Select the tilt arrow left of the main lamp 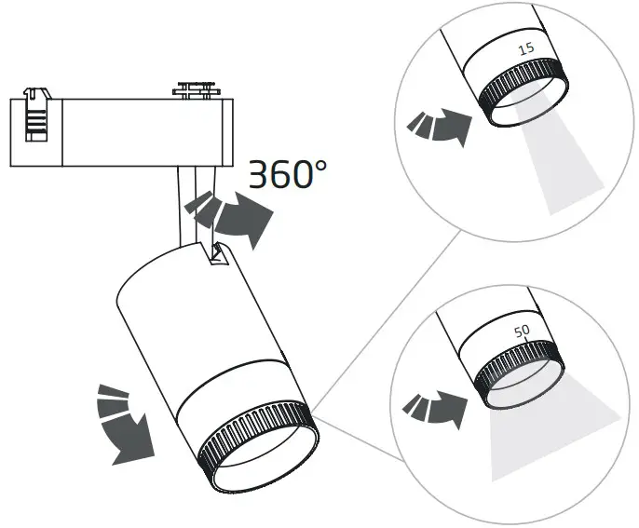123,422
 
